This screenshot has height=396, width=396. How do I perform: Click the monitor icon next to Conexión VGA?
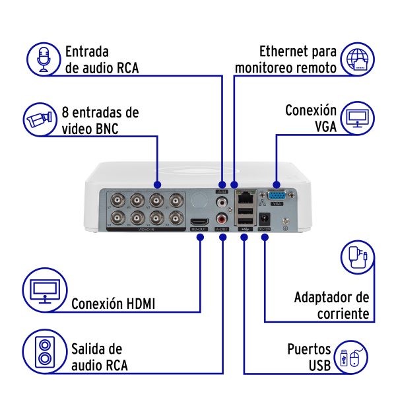coord(358,119)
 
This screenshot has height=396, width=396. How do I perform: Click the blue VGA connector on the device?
coord(275,196)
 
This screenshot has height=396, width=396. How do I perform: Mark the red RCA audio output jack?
coord(221,216)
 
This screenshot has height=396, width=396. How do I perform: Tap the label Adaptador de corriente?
coord(332,306)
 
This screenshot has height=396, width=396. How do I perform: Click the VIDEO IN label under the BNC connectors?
coord(146,229)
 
